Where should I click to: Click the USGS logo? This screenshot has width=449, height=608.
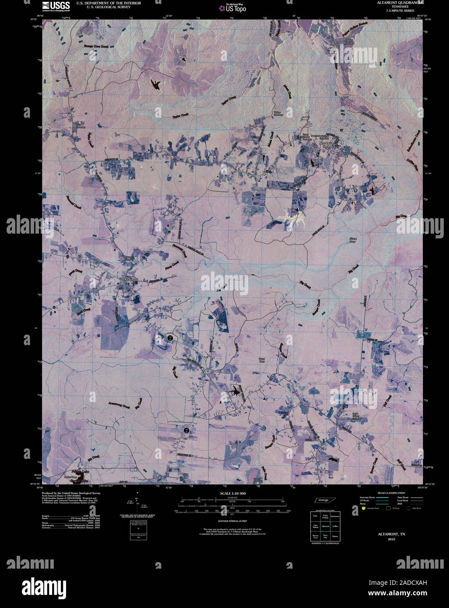[56, 6]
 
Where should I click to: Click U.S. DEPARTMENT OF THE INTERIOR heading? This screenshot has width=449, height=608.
[109, 3]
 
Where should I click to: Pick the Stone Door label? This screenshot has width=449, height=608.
[353, 240]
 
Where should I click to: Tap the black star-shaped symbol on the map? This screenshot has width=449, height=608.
[237, 391]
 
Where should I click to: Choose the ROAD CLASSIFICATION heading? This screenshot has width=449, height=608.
[392, 493]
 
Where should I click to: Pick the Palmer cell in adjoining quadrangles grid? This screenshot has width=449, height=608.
[335, 536]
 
